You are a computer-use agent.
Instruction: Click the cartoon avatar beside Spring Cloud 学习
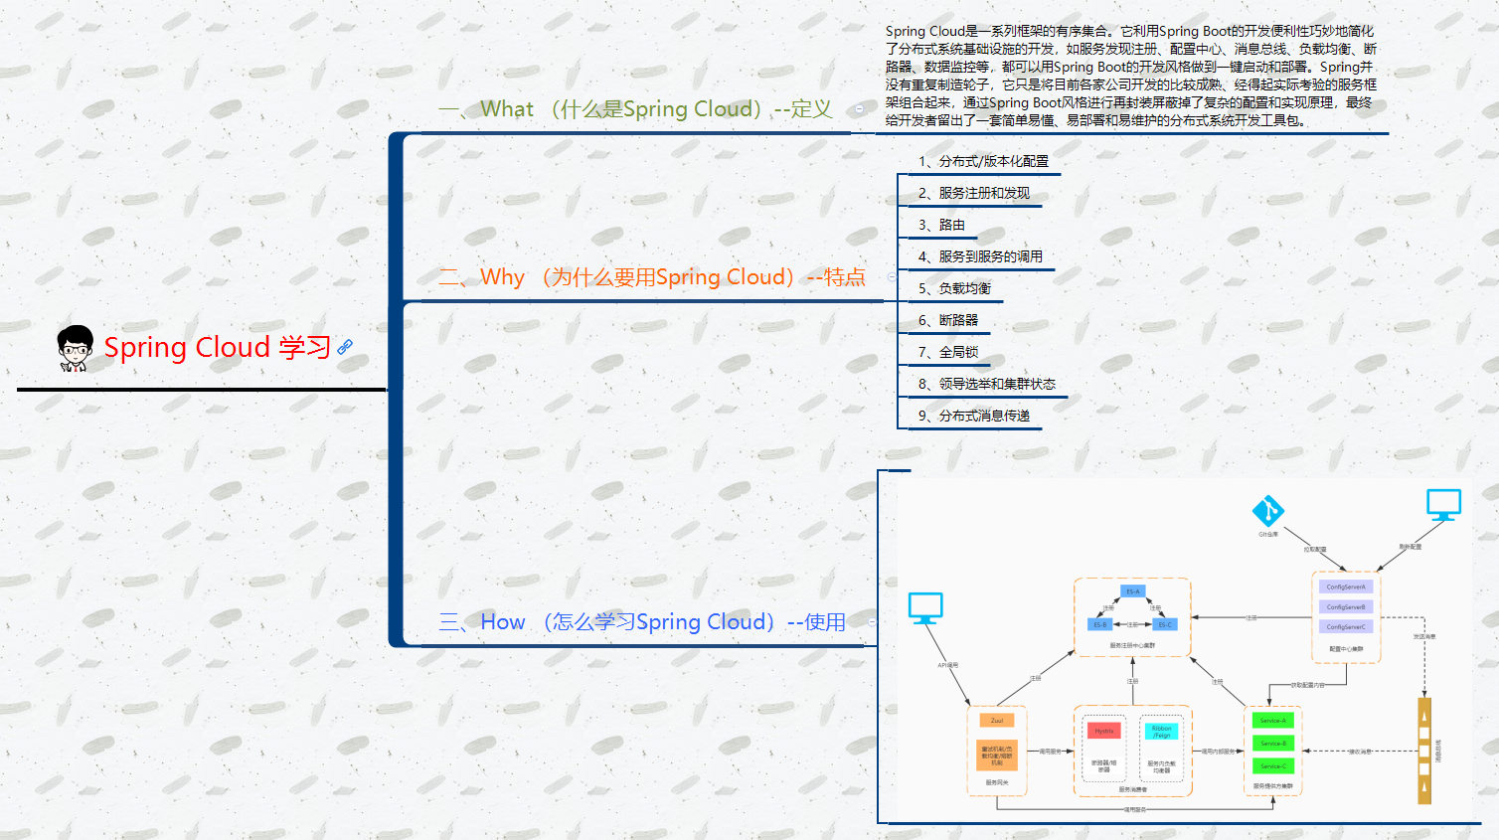(x=75, y=348)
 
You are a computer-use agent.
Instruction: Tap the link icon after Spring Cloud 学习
(x=345, y=347)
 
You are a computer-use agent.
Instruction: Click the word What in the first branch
(x=507, y=109)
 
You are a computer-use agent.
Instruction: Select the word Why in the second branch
(x=502, y=277)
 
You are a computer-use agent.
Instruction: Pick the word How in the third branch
(x=503, y=622)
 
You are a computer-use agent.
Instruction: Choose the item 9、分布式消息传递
(x=973, y=416)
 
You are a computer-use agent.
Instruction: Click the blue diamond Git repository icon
(x=1267, y=511)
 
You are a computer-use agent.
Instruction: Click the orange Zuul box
(x=997, y=721)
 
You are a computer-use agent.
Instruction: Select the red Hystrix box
(x=1104, y=731)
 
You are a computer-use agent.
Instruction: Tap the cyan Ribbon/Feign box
(x=1161, y=732)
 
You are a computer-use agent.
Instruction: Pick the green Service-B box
(x=1272, y=744)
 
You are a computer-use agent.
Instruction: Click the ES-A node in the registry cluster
(x=1132, y=591)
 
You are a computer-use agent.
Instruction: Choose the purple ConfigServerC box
(x=1346, y=627)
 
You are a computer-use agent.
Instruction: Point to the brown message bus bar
(x=1424, y=751)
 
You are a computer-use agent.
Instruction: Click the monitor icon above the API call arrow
(x=925, y=607)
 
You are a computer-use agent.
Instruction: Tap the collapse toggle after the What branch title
(x=859, y=109)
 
